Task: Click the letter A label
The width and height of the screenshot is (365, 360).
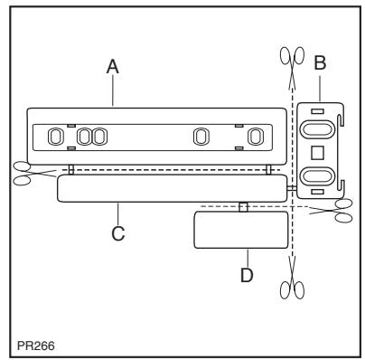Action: pos(112,65)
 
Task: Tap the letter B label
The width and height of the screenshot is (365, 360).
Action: pos(318,65)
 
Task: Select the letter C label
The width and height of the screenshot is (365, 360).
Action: pos(117,233)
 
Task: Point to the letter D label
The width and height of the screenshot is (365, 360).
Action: pos(246,275)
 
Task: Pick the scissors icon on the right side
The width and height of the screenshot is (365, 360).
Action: pos(343,211)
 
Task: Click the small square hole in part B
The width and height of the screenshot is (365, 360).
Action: pos(316,148)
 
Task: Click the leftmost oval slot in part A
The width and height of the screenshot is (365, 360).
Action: pos(56,137)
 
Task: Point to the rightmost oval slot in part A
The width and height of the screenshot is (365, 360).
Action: pos(258,137)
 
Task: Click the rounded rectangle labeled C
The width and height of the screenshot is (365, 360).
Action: pos(172,188)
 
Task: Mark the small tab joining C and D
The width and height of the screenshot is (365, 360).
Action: pos(242,207)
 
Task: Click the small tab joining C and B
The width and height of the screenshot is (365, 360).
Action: pos(293,187)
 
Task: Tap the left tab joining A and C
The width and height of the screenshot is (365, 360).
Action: pos(70,169)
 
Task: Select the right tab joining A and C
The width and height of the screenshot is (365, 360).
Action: pos(268,169)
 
